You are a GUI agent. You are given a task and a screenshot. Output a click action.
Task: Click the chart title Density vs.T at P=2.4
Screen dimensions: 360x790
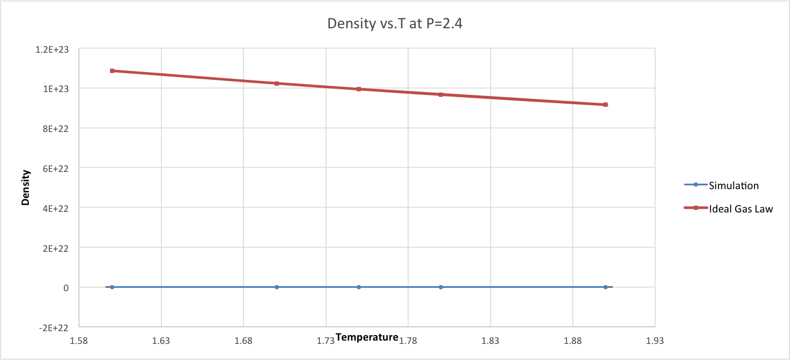point(395,24)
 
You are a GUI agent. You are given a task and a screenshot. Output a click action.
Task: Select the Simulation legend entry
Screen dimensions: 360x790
point(733,185)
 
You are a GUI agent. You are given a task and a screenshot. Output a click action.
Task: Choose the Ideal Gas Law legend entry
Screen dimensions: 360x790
point(741,209)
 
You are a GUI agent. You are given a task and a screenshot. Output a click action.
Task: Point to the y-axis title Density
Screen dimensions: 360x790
point(26,187)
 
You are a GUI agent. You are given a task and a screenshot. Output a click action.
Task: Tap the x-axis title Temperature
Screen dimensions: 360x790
point(367,337)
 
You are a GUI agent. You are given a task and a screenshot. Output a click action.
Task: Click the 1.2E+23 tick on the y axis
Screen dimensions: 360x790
point(53,49)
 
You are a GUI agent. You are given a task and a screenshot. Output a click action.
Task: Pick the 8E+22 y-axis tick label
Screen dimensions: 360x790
point(57,128)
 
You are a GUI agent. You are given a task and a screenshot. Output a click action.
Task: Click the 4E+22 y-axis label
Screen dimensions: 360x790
point(57,208)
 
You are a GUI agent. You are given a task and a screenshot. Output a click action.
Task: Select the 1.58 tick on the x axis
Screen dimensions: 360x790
point(79,341)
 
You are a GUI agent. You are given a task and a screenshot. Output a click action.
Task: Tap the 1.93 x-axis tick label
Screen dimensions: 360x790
point(655,341)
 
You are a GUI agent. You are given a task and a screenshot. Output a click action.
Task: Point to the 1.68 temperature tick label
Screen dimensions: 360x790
point(243,341)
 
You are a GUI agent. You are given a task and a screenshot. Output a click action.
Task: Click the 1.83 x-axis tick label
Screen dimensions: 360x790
point(490,341)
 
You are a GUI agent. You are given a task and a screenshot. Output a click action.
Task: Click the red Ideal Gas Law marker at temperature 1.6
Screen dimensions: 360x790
point(112,71)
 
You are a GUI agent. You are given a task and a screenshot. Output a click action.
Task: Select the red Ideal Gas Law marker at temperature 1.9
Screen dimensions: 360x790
point(605,105)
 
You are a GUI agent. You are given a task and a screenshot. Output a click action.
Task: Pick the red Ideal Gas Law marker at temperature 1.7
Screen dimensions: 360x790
point(277,83)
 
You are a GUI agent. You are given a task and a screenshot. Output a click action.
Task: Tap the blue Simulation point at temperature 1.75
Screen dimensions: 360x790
point(359,287)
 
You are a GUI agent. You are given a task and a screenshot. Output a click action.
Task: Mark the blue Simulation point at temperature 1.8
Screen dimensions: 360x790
point(441,287)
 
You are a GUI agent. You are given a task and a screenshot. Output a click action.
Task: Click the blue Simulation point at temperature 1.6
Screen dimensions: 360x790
point(112,287)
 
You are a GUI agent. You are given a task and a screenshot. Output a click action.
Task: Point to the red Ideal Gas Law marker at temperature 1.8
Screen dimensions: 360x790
point(441,94)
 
